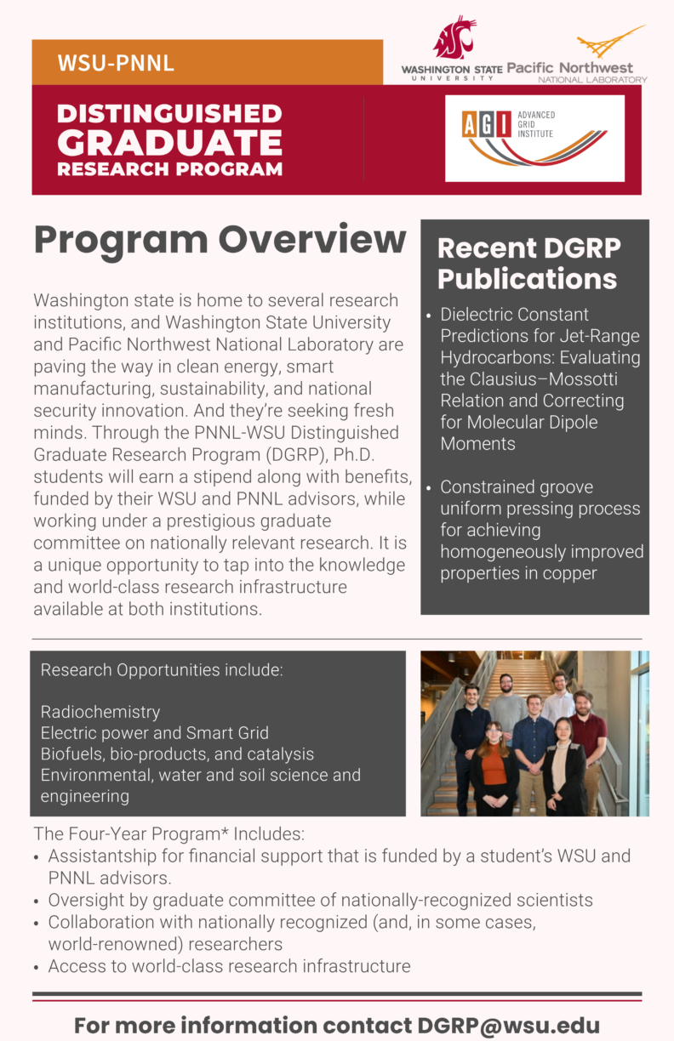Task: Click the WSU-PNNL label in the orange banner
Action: [116, 63]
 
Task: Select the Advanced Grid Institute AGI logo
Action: [534, 138]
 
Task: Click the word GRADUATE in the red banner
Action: [169, 141]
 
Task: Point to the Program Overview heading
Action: [220, 240]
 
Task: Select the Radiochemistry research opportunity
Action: [100, 711]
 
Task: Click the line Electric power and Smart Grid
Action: [154, 732]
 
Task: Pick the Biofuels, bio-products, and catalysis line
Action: [177, 754]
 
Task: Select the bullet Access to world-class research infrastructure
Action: [229, 965]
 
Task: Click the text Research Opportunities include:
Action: [162, 669]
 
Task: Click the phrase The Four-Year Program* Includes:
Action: [168, 833]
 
